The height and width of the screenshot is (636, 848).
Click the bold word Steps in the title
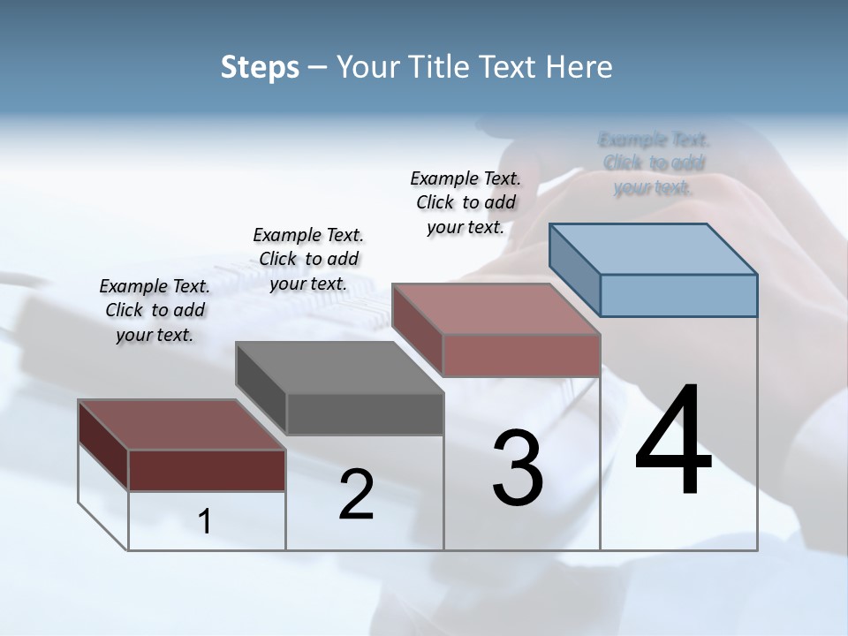[x=260, y=67]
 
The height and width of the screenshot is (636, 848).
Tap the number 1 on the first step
[x=205, y=522]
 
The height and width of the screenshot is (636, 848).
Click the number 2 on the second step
[x=356, y=495]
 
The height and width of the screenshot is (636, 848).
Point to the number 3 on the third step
[x=518, y=468]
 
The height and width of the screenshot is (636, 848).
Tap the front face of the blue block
[x=678, y=295]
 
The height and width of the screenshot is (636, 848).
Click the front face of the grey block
[x=365, y=413]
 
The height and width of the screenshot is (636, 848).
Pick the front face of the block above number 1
[x=207, y=470]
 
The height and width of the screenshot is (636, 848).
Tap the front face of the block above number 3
[x=521, y=355]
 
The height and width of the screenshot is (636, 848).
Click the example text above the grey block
[x=308, y=259]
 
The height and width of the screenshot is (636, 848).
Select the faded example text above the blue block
[x=654, y=163]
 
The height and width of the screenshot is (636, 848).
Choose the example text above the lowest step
[x=155, y=310]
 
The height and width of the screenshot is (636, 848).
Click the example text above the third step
[x=466, y=202]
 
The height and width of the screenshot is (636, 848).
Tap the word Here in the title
[x=582, y=67]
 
